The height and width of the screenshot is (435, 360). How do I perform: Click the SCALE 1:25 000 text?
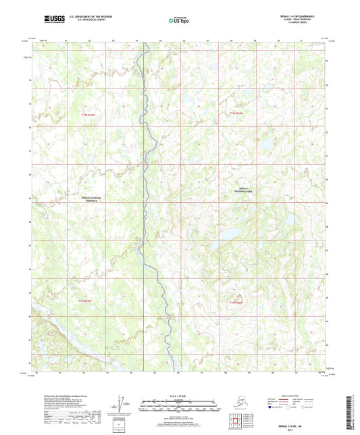(x=178, y=396)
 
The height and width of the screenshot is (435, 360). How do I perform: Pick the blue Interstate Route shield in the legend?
(x=272, y=407)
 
